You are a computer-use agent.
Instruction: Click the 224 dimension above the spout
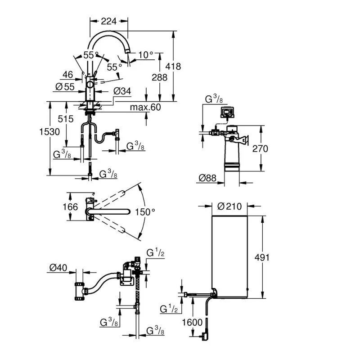(108, 21)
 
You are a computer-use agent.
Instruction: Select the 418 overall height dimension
(174, 66)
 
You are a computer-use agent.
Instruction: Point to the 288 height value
(159, 77)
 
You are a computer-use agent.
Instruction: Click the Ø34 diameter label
(122, 91)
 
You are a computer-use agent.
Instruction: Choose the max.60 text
(145, 108)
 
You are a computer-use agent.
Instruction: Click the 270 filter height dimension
(260, 148)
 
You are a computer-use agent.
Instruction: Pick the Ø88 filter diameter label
(207, 179)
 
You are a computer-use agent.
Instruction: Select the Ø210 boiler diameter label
(229, 206)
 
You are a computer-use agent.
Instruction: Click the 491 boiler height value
(261, 257)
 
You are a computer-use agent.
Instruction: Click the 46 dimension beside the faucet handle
(68, 75)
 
